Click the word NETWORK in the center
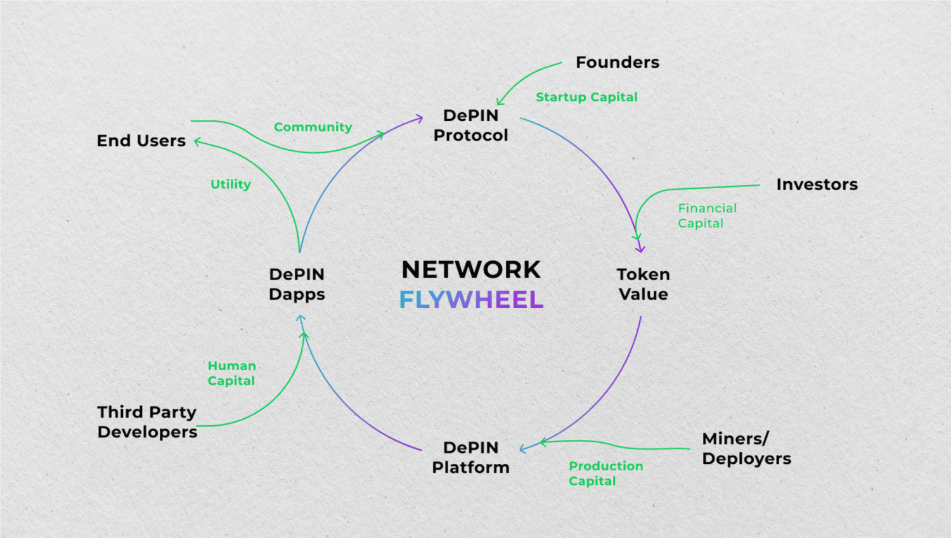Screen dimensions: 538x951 pyautogui.click(x=471, y=270)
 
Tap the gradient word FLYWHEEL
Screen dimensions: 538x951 pyautogui.click(x=471, y=300)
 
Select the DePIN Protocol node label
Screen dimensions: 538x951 pyautogui.click(x=470, y=125)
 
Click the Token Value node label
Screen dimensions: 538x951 pyautogui.click(x=643, y=284)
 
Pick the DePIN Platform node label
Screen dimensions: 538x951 pyautogui.click(x=470, y=458)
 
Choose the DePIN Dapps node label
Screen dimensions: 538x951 pyautogui.click(x=297, y=284)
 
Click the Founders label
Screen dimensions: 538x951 pyautogui.click(x=617, y=62)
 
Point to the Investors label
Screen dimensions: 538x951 pyautogui.click(x=817, y=184)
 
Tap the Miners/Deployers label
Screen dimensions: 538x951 pyautogui.click(x=746, y=449)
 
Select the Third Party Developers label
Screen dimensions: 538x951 pyautogui.click(x=147, y=422)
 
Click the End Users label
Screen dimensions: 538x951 pyautogui.click(x=141, y=141)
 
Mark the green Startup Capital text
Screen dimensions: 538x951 pyautogui.click(x=586, y=97)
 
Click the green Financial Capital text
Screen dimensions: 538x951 pyautogui.click(x=707, y=215)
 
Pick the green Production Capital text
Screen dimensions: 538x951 pyautogui.click(x=605, y=473)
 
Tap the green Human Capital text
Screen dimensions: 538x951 pyautogui.click(x=231, y=373)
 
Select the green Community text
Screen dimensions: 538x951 pyautogui.click(x=313, y=127)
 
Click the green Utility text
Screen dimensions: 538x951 pyautogui.click(x=230, y=184)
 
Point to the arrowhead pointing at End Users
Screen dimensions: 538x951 pyautogui.click(x=197, y=142)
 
